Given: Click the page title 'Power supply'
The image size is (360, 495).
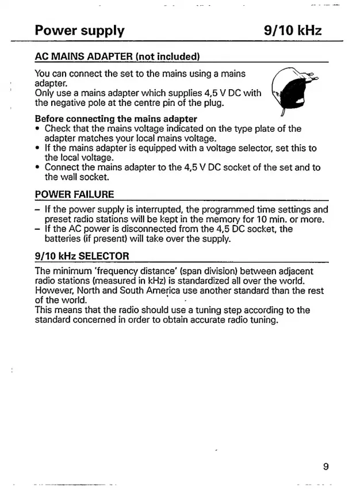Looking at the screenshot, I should [79, 30].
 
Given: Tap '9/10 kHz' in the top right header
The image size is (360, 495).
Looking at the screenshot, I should [293, 30].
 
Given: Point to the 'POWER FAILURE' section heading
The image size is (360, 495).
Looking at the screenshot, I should [74, 194].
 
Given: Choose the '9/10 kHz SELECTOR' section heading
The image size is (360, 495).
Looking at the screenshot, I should [82, 255].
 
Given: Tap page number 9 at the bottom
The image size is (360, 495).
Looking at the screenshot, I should [325, 466].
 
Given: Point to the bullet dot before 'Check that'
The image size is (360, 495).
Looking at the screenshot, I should [38, 129].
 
